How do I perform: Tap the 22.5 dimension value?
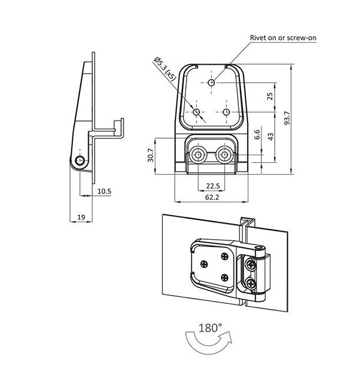213,186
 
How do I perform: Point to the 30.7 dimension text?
151,155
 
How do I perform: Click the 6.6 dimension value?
257,135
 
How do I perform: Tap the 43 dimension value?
270,136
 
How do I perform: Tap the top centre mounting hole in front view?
212,82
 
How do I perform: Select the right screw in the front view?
225,155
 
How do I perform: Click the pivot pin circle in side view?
79,161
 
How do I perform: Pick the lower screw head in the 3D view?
252,284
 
